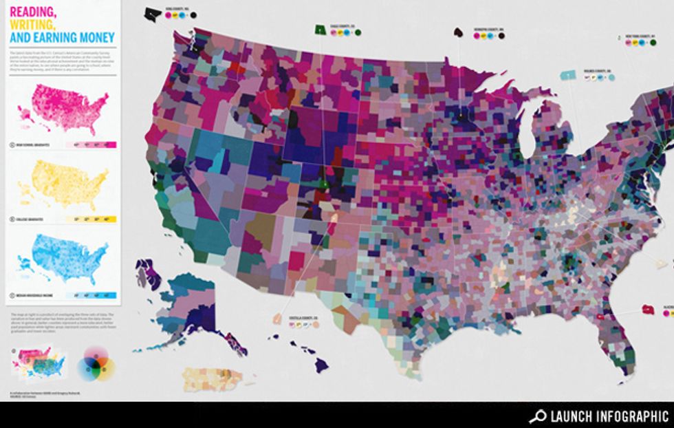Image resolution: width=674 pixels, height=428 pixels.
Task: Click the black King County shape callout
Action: [x=151, y=14]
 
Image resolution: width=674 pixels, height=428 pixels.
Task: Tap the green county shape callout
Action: [x=319, y=29]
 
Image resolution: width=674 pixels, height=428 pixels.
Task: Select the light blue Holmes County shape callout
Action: [x=568, y=74]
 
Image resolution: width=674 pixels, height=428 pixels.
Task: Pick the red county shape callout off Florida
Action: [x=648, y=310]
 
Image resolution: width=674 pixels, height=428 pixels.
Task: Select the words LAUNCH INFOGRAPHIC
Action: [x=609, y=416]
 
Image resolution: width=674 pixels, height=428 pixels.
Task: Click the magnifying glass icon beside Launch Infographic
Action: [x=537, y=416]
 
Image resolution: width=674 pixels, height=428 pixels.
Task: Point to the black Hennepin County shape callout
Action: [x=457, y=31]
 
